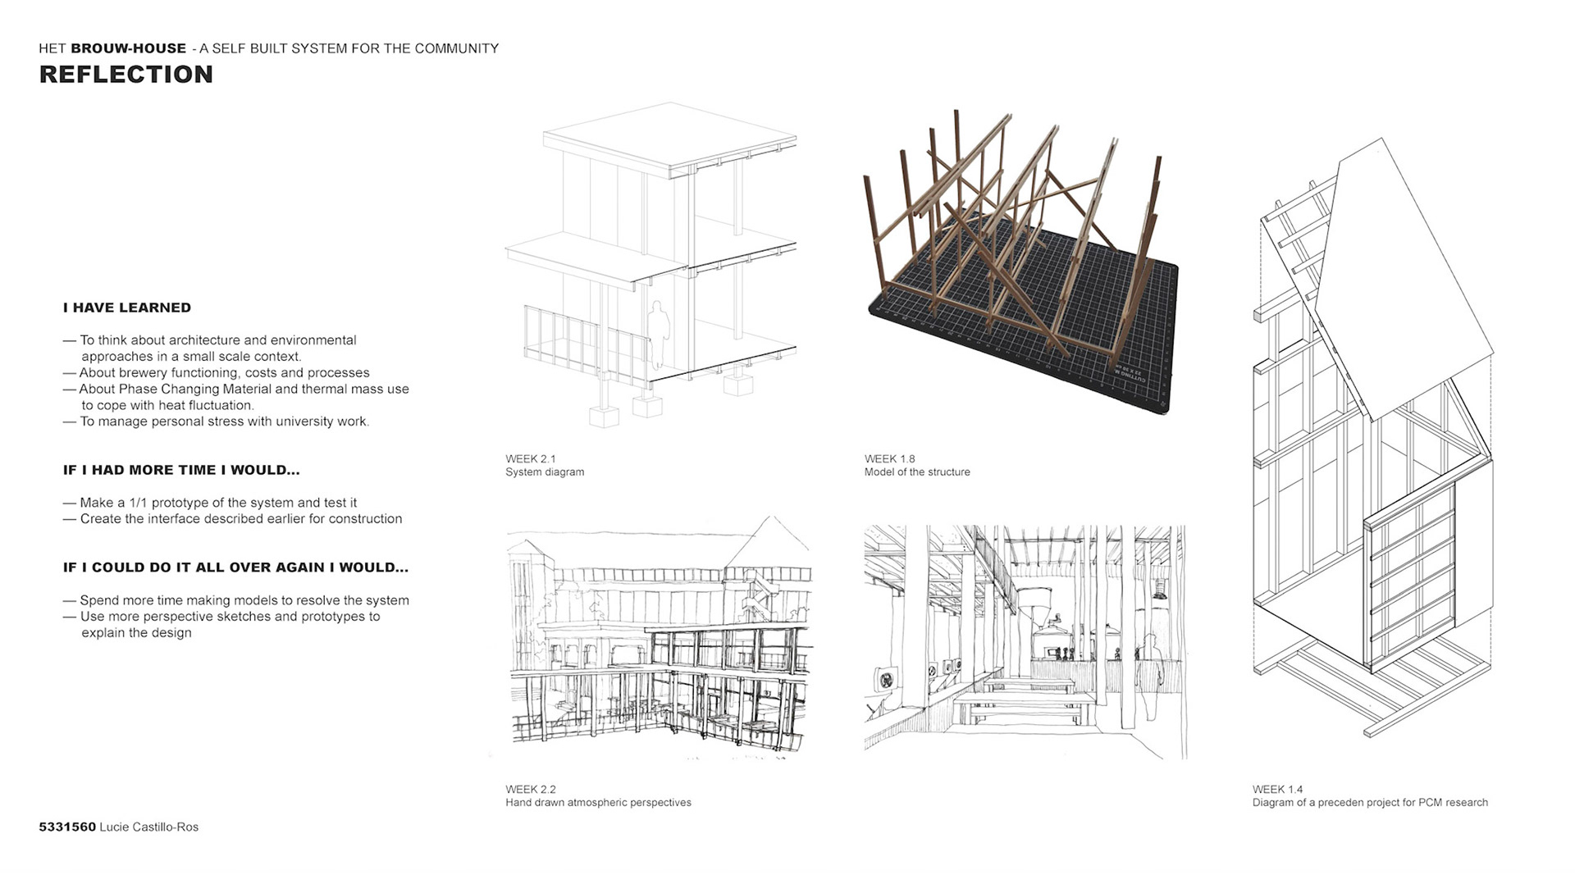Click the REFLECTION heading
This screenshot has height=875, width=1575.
click(x=126, y=75)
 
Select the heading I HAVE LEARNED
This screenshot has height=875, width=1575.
click(x=127, y=308)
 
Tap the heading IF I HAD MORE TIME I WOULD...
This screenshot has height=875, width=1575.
click(x=181, y=470)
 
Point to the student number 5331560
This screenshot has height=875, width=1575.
click(x=67, y=827)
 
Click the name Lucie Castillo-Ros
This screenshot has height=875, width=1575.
click(x=148, y=827)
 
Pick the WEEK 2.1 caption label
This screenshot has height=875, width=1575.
click(x=530, y=458)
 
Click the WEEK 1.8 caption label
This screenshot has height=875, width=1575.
click(x=889, y=458)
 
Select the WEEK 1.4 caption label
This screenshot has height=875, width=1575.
click(x=1277, y=789)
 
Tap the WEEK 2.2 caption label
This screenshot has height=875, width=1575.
click(x=530, y=789)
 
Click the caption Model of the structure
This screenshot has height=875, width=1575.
click(x=916, y=472)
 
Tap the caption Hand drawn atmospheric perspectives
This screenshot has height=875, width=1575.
click(x=598, y=802)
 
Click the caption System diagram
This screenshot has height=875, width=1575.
click(x=545, y=472)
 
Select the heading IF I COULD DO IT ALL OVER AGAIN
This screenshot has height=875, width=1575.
click(x=235, y=567)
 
